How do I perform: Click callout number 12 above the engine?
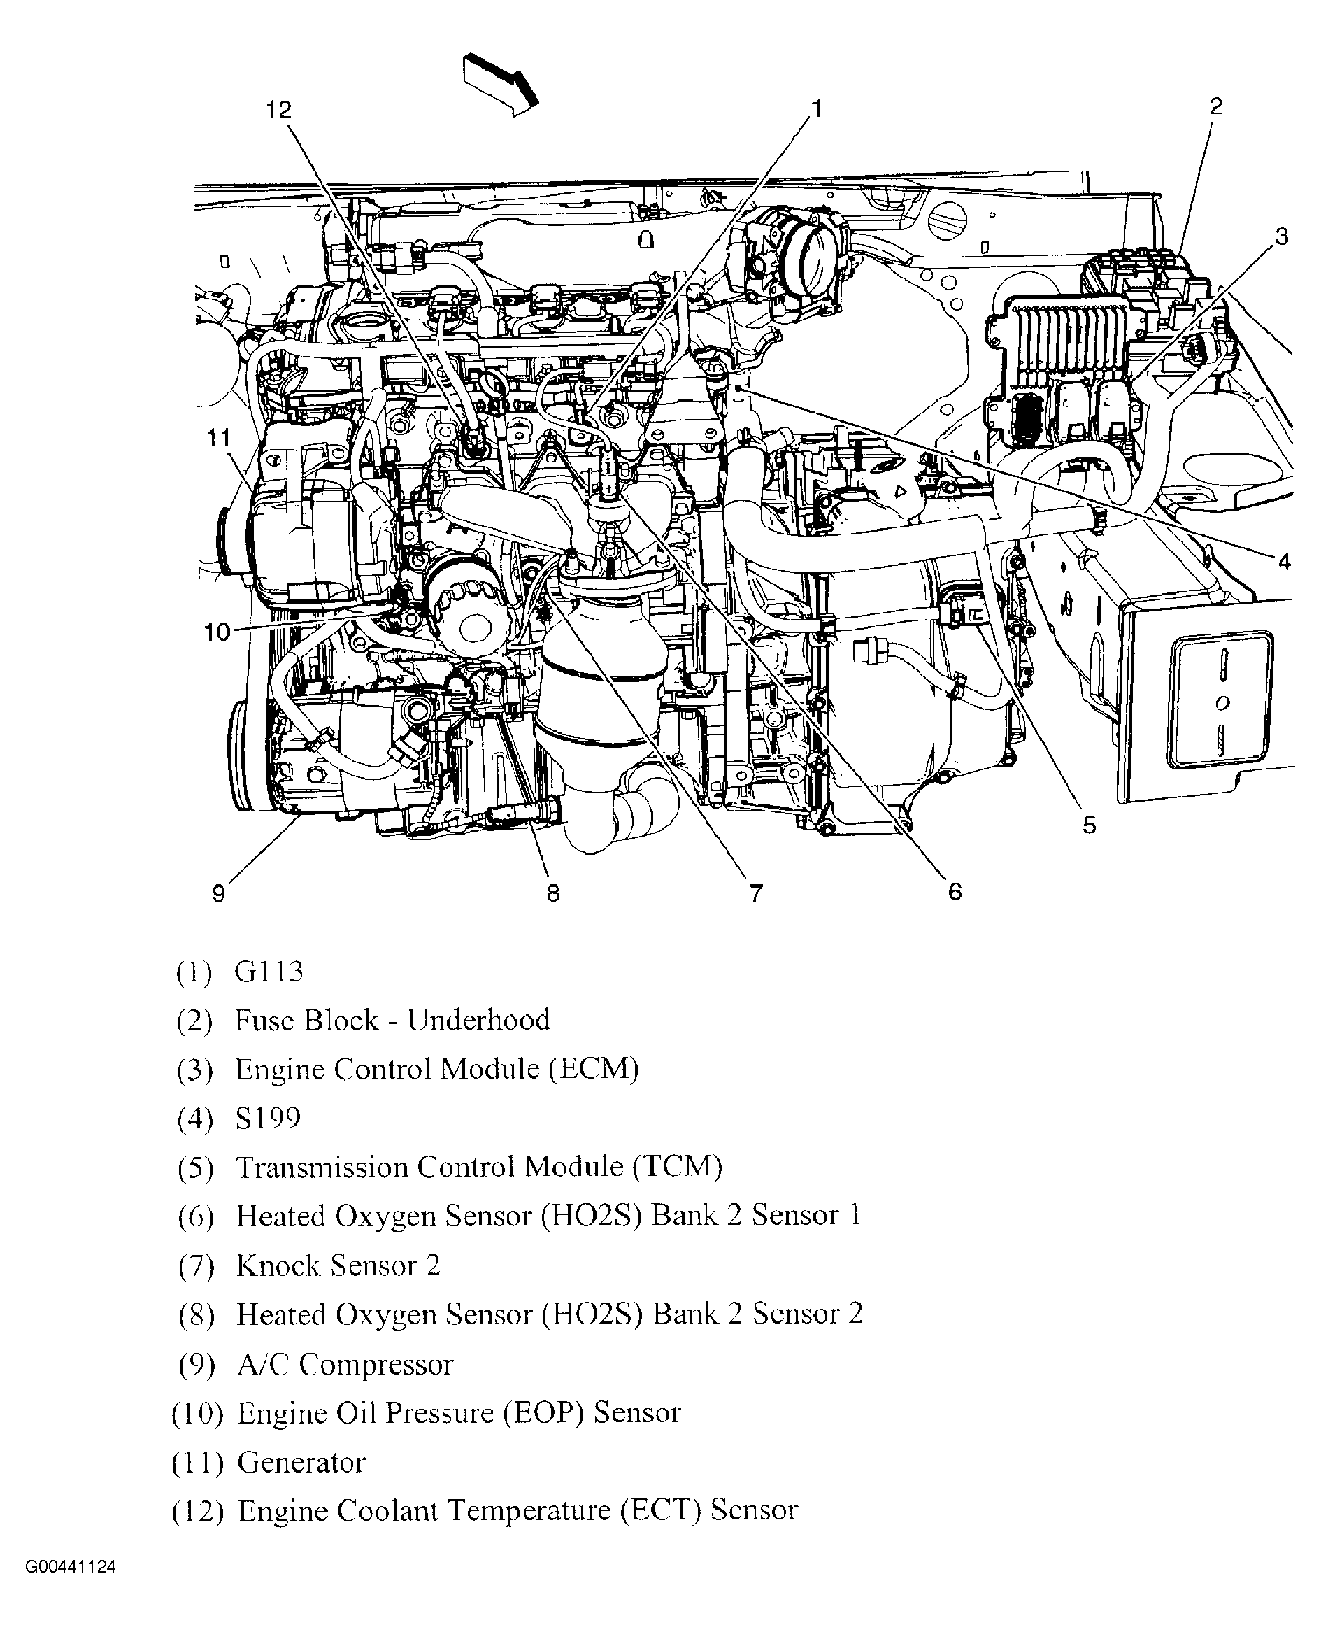(278, 111)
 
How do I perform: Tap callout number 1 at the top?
(817, 109)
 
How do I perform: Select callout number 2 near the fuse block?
(1215, 106)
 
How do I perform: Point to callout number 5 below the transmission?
(1089, 825)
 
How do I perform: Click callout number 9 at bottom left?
(219, 893)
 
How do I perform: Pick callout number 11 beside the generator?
(218, 439)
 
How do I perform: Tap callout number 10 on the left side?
(217, 631)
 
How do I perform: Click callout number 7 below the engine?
(756, 893)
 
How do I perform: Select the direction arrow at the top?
(500, 84)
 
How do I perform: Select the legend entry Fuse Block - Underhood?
(392, 1021)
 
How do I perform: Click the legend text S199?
(268, 1118)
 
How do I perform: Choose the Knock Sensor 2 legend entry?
(338, 1265)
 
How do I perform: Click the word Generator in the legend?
(301, 1462)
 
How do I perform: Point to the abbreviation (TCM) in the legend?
(677, 1167)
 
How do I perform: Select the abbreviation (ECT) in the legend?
(659, 1510)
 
